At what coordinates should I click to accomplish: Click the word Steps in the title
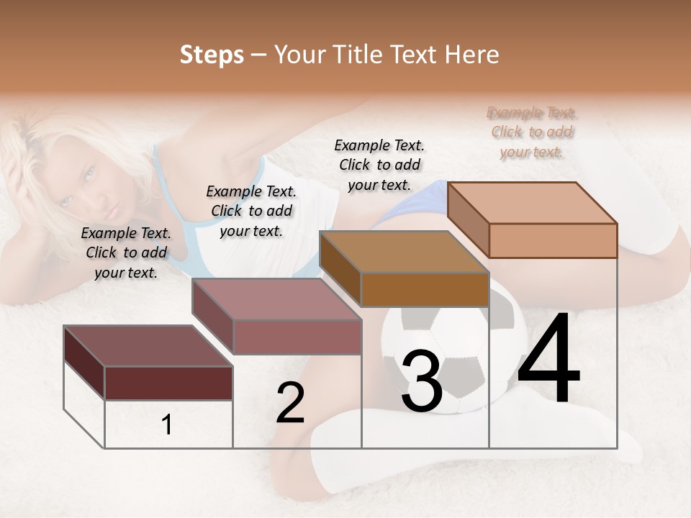(212, 55)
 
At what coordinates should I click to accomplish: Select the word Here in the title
(472, 55)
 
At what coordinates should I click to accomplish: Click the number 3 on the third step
(421, 381)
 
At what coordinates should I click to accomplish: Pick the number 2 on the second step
(290, 404)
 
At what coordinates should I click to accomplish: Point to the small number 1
(167, 425)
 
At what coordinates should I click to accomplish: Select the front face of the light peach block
(553, 240)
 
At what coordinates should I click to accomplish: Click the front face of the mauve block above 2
(297, 337)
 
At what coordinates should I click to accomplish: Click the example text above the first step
(126, 253)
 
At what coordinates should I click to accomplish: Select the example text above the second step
(251, 211)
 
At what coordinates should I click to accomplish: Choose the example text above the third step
(379, 165)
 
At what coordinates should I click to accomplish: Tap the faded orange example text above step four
(532, 132)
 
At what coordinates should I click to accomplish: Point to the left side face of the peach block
(468, 219)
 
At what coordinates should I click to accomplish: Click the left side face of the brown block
(340, 268)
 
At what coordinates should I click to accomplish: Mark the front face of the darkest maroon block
(168, 383)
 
